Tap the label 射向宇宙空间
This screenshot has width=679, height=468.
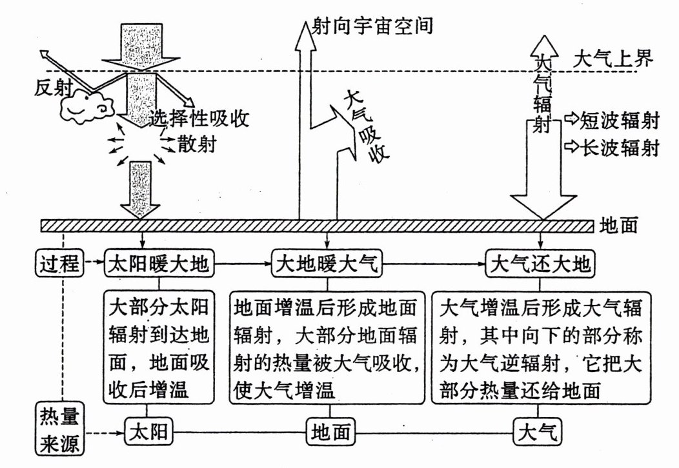(x=371, y=26)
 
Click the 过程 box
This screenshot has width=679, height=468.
(x=59, y=264)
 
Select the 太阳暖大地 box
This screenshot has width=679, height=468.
(x=159, y=264)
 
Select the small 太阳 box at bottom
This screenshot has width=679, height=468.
(x=149, y=432)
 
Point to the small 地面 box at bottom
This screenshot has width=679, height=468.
(x=330, y=432)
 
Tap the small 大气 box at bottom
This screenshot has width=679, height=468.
(x=538, y=432)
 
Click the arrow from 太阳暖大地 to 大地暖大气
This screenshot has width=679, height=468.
(x=242, y=264)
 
